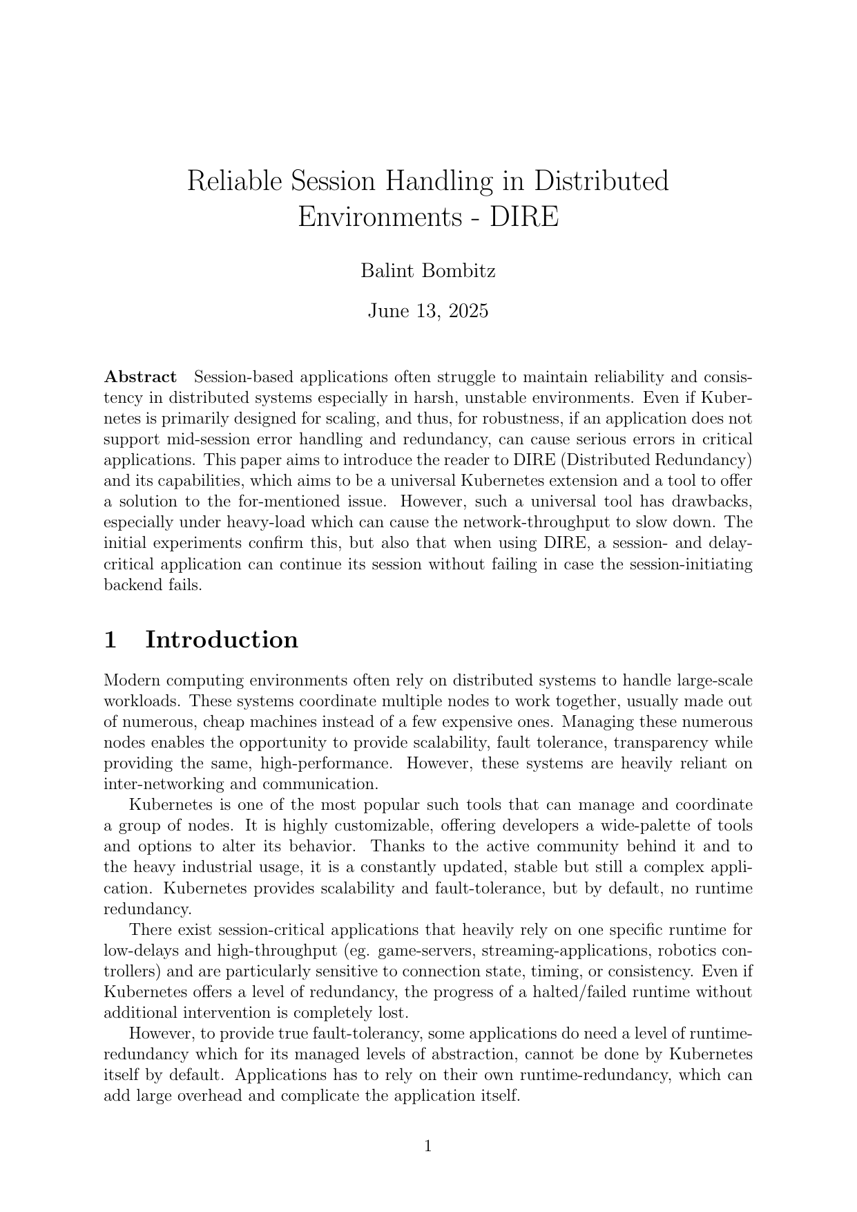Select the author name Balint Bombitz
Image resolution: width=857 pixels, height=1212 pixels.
(427, 271)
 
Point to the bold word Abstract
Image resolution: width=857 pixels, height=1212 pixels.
(140, 377)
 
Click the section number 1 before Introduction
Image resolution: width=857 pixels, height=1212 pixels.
(109, 640)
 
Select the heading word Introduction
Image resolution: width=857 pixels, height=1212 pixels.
(222, 640)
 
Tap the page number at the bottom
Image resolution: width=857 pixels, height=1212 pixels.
(427, 1147)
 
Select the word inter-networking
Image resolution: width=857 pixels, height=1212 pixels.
(157, 784)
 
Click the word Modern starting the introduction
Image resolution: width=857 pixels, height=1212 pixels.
(131, 681)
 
